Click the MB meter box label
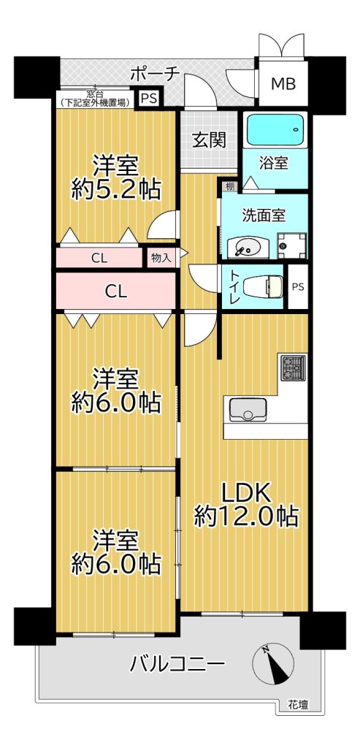[283, 84]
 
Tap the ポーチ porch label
[154, 75]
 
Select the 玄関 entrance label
[209, 140]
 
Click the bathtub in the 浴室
[275, 130]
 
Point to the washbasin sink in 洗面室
[248, 248]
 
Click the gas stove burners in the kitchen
[293, 367]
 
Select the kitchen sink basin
[248, 409]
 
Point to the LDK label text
[247, 493]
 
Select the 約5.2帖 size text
[116, 191]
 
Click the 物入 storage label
[161, 258]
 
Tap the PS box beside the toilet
[297, 287]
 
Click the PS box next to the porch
[149, 99]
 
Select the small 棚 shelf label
[230, 186]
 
